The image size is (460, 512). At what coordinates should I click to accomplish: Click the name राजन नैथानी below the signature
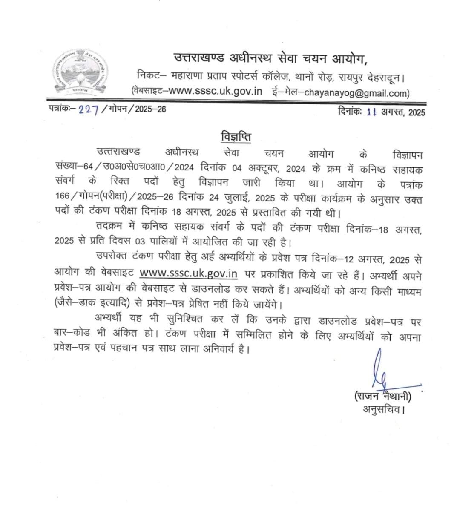click(x=382, y=396)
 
